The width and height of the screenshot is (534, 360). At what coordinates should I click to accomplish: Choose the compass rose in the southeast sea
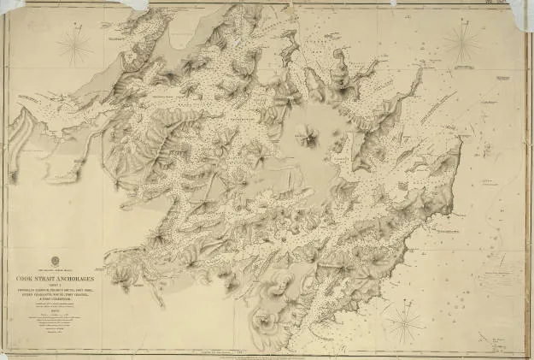tap(407, 322)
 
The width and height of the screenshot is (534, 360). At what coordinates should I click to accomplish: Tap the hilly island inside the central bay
tap(308, 135)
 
